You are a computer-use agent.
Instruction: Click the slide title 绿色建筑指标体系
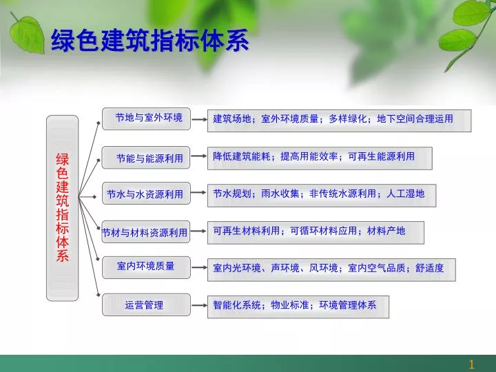(149, 40)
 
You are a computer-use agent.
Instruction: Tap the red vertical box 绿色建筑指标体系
(62, 208)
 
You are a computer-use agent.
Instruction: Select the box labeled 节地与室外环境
(146, 118)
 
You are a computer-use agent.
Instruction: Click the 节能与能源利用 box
(146, 158)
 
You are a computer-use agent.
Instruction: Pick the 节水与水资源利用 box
(146, 194)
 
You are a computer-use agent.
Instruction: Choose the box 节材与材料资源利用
(146, 232)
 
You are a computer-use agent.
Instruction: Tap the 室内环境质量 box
(146, 267)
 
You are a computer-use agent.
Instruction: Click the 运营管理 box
(146, 304)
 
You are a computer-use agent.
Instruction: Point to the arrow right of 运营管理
(199, 305)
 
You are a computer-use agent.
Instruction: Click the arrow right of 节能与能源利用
(199, 156)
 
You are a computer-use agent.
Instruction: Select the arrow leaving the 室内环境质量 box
(199, 267)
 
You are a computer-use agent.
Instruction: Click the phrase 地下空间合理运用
(415, 119)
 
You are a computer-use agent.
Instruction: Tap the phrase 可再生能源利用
(381, 156)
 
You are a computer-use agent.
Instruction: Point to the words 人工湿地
(405, 194)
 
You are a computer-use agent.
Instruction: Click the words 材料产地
(386, 231)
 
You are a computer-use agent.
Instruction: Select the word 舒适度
(429, 268)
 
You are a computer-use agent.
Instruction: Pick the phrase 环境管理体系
(348, 305)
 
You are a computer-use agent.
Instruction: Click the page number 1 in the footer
(472, 364)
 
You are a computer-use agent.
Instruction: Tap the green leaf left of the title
(28, 34)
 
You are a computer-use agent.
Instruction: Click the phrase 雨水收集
(280, 194)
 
